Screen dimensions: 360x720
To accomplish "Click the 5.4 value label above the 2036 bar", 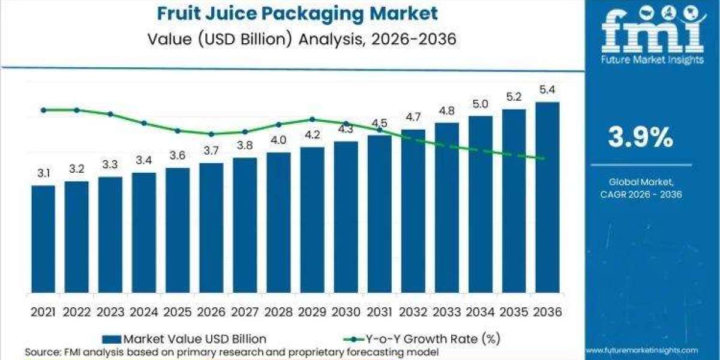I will (547, 91).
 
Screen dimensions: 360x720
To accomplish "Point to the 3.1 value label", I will (43, 173).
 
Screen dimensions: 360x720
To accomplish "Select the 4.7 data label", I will (413, 117).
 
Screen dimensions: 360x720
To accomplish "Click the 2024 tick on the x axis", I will (144, 313).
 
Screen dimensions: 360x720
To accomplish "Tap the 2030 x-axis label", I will (346, 313).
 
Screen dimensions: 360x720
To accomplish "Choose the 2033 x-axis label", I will (446, 313).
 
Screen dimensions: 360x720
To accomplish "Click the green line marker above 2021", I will (43, 110).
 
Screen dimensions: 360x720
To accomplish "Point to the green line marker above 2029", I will (312, 119).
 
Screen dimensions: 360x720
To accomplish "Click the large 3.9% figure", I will (641, 138).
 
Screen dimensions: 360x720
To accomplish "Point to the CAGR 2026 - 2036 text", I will (641, 194).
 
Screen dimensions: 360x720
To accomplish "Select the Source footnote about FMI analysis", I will (232, 351).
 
